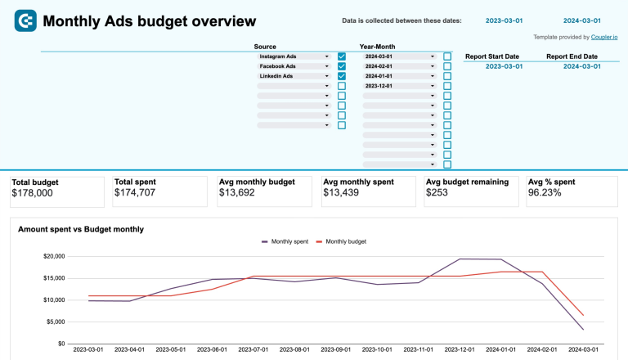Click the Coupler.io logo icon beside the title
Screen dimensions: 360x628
pos(25,21)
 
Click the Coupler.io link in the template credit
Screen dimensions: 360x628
pos(605,37)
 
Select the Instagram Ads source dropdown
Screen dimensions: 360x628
pos(294,56)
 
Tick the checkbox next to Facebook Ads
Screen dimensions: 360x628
pos(342,66)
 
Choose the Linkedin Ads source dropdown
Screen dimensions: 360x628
pos(294,76)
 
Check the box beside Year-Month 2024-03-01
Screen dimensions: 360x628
pos(447,56)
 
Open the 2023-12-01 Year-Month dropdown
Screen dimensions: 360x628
pos(399,86)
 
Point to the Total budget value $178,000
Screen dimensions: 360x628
pos(33,193)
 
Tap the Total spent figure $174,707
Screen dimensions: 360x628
pos(136,193)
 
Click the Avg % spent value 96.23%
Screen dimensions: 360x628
pos(545,193)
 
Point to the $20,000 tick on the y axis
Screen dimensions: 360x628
pos(53,257)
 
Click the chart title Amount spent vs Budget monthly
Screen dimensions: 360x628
pos(81,230)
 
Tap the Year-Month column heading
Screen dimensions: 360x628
pos(377,47)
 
